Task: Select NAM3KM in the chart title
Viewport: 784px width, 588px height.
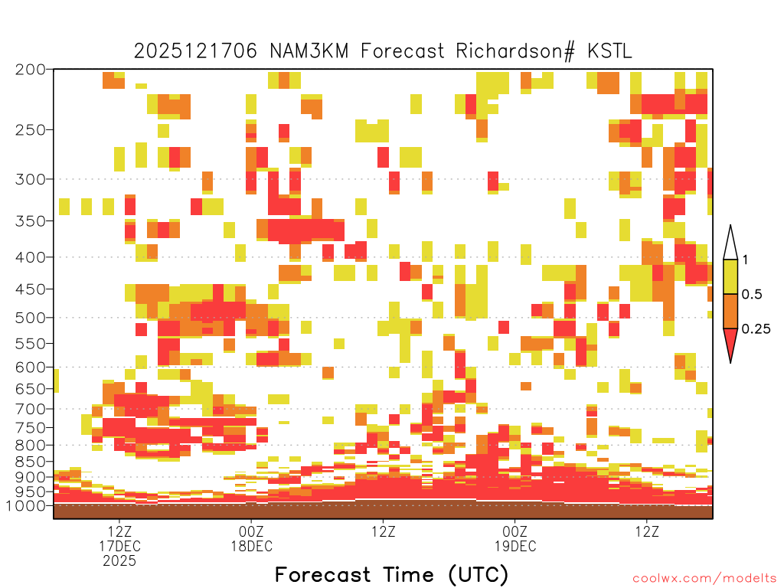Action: click(x=309, y=51)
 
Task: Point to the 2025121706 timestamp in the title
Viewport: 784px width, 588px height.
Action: click(x=195, y=51)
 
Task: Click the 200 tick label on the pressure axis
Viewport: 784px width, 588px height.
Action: click(x=31, y=70)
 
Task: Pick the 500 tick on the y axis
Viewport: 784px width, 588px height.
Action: click(x=31, y=318)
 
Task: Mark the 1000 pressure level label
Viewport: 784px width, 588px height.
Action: click(x=26, y=505)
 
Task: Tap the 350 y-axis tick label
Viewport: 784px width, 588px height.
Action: click(x=31, y=221)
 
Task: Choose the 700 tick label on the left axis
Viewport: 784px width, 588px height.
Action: click(x=31, y=409)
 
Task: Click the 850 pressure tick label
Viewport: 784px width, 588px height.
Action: click(x=31, y=462)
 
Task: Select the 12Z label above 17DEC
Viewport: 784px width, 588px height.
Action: click(x=119, y=531)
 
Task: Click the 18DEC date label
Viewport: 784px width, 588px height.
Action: click(x=251, y=546)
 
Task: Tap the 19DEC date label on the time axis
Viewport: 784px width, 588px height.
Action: click(x=515, y=546)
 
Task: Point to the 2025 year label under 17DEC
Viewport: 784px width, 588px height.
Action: click(x=119, y=561)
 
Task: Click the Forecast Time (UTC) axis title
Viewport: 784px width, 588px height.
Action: click(x=391, y=574)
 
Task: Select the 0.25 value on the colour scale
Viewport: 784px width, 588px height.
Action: click(x=756, y=329)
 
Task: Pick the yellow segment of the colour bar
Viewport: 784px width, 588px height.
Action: click(x=730, y=276)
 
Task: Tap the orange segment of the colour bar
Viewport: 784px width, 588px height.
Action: click(x=730, y=311)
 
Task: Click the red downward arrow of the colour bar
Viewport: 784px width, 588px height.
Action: click(x=730, y=342)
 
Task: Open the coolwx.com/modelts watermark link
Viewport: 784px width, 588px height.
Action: click(x=707, y=579)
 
